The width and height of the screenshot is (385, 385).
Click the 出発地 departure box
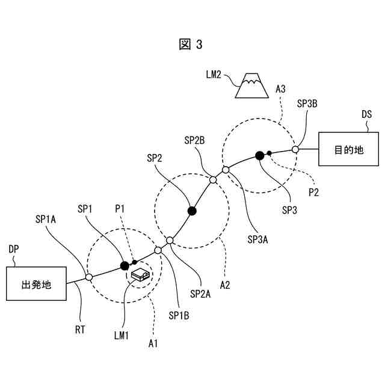pyautogui.click(x=36, y=285)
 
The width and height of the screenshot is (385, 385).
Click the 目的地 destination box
pyautogui.click(x=349, y=149)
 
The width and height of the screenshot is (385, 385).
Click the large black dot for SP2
pyautogui.click(x=192, y=211)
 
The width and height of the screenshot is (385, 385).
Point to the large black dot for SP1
pyautogui.click(x=125, y=265)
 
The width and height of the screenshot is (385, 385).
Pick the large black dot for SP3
pyautogui.click(x=259, y=156)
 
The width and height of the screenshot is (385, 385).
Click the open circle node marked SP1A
pyautogui.click(x=88, y=277)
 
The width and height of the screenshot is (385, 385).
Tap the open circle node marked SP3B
pyautogui.click(x=295, y=149)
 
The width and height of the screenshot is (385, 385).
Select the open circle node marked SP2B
pyautogui.click(x=212, y=179)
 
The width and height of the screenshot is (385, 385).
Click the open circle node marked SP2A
pyautogui.click(x=170, y=241)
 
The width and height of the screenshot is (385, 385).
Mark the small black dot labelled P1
pyautogui.click(x=134, y=262)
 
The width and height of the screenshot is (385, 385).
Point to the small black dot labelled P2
pyautogui.click(x=269, y=153)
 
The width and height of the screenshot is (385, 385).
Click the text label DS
pyautogui.click(x=366, y=114)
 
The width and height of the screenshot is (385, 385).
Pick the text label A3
pyautogui.click(x=280, y=88)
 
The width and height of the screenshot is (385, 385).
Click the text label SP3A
pyautogui.click(x=257, y=239)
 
